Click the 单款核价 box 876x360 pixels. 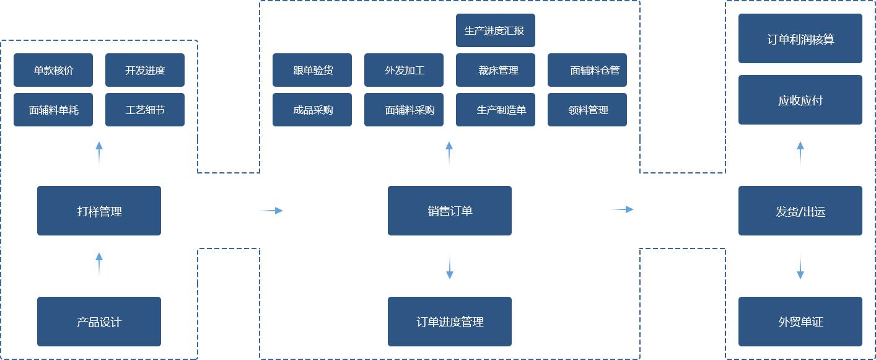[x=53, y=70]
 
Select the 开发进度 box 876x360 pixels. [x=144, y=70]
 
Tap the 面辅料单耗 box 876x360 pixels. [x=53, y=110]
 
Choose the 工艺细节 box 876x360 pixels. [x=144, y=110]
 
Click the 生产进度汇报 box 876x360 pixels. [x=495, y=30]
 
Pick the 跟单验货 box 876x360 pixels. [x=312, y=70]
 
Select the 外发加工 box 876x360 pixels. [x=403, y=70]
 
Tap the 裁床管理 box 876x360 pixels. [x=495, y=70]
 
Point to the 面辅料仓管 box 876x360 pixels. [x=587, y=70]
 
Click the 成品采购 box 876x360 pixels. [x=312, y=110]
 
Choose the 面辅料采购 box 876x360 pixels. [x=403, y=110]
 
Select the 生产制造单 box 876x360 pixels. [x=495, y=110]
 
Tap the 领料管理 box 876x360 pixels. [x=587, y=110]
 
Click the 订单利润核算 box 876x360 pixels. [x=800, y=38]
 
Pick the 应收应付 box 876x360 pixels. [x=800, y=100]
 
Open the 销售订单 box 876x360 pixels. [x=449, y=211]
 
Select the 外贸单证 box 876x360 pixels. [x=800, y=322]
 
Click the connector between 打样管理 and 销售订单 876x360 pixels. [x=269, y=211]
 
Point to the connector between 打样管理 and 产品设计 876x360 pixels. [x=99, y=265]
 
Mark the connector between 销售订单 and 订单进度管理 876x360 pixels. [x=449, y=265]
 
